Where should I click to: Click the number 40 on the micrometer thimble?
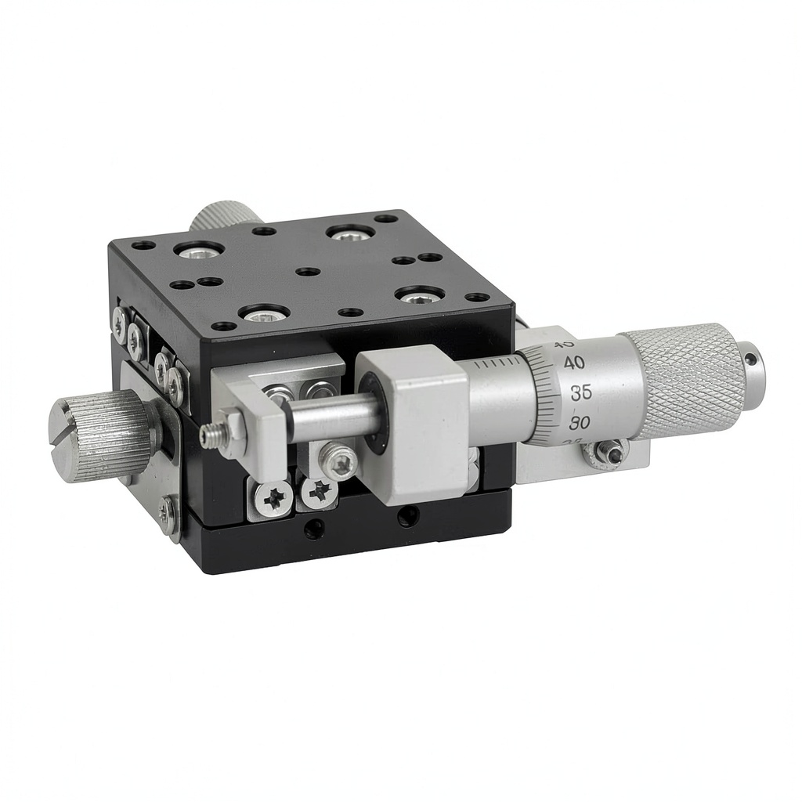[x=575, y=363]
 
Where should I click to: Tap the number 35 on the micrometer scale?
[x=580, y=393]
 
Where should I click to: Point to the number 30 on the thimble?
[x=579, y=423]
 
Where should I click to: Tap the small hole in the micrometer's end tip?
[x=751, y=359]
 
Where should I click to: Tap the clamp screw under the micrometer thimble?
[x=609, y=452]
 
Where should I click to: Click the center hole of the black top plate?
[x=309, y=272]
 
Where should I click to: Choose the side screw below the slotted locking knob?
[x=168, y=513]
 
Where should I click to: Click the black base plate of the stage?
[x=345, y=540]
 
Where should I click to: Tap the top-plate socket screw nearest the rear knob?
[x=199, y=251]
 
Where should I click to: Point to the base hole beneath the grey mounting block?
[x=407, y=516]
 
